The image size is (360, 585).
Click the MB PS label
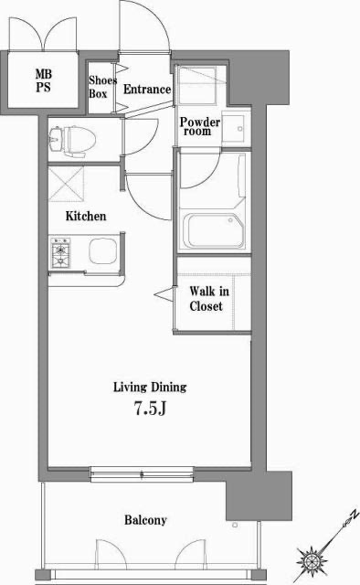pos(43,80)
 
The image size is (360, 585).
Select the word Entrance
pos(147,90)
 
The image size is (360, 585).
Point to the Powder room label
pos(200,126)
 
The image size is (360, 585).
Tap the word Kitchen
pos(86,216)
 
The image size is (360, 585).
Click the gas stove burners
pos(61,252)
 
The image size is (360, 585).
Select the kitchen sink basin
pos(102,251)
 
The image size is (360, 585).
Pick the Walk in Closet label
pos(209,299)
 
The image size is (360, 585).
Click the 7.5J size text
pos(150,409)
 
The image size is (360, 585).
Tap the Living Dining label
pos(150,387)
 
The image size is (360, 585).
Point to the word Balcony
pos(145,520)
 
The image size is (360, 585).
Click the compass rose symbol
pos(312,559)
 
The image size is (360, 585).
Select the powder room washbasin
pos(234,127)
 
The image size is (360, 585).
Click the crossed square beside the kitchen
pos(66,184)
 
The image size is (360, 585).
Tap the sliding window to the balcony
pos(142,474)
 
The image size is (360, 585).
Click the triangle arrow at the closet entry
pos(164,294)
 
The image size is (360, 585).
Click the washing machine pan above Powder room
pos(196,85)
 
